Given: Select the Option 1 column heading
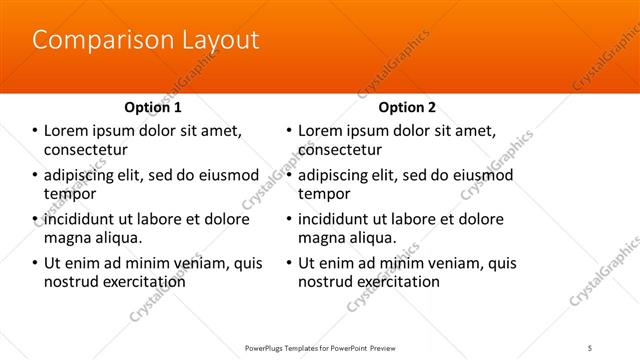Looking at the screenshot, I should tap(153, 107).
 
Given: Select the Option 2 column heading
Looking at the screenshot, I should tap(408, 107).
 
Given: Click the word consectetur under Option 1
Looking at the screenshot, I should tap(85, 150).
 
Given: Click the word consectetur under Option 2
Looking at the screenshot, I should tap(340, 150).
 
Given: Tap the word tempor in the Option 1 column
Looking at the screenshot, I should tap(69, 194).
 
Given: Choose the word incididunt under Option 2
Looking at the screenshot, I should tap(337, 219).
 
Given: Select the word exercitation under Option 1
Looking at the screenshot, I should tap(141, 282).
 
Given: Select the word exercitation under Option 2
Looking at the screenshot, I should tap(396, 282).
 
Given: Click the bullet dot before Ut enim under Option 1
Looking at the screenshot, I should tap(34, 263).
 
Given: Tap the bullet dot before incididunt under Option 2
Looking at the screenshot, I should tap(289, 219).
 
